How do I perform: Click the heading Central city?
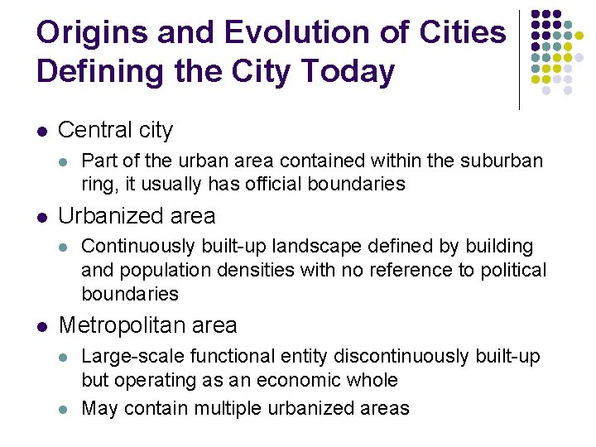click(x=116, y=130)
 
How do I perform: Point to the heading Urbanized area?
click(x=137, y=216)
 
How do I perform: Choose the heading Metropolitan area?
click(x=147, y=325)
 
